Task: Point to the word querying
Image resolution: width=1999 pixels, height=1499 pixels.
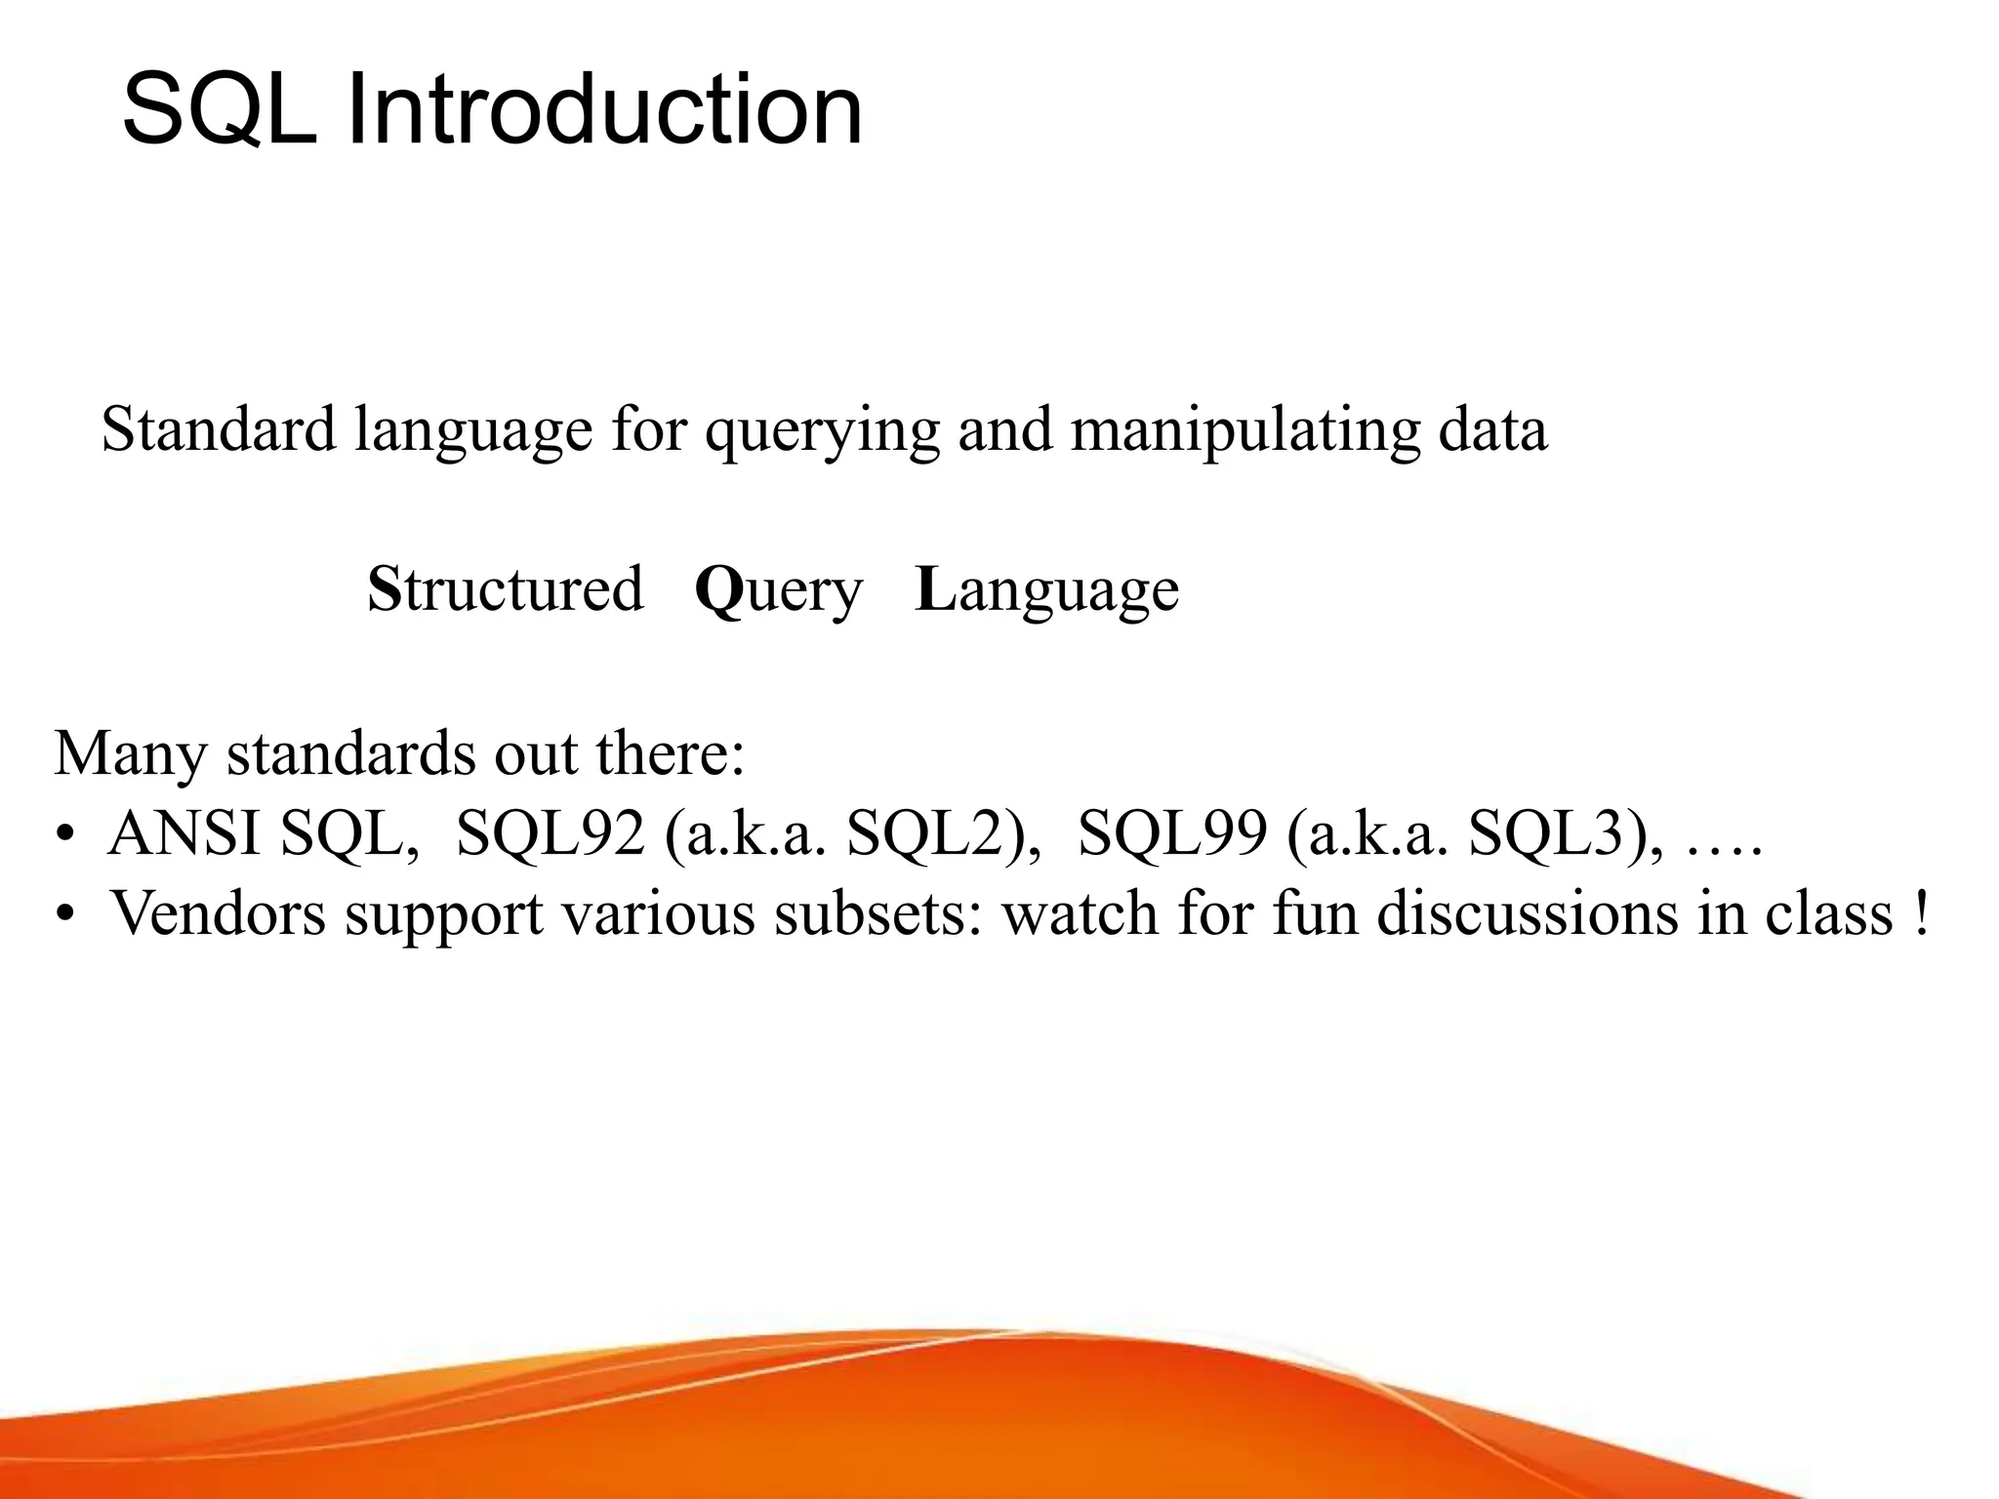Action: tap(822, 431)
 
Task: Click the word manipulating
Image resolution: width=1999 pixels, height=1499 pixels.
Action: tap(1245, 431)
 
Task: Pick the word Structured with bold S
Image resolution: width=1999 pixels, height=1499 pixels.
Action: tap(505, 588)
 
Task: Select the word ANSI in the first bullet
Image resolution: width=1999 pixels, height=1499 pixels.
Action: tap(184, 834)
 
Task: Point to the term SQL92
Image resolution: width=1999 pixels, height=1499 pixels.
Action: tap(550, 834)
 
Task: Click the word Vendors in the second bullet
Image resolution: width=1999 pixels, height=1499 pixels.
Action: tap(218, 913)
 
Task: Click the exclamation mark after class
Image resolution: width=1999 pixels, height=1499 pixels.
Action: tap(1921, 913)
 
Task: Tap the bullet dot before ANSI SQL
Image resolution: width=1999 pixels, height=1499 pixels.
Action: tap(65, 836)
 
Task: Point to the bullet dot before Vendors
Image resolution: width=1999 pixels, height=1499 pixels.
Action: tap(65, 915)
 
